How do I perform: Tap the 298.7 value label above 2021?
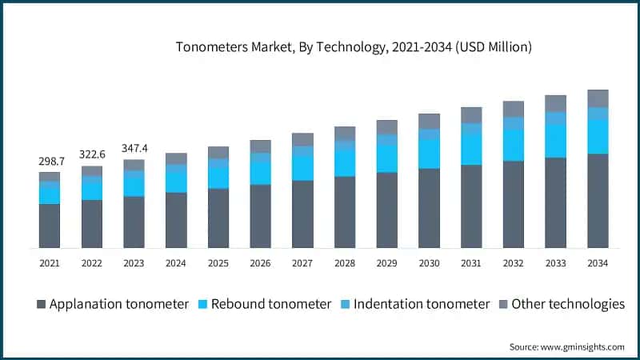50,162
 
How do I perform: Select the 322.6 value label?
92,154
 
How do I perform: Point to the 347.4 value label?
134,149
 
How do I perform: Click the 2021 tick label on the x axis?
50,262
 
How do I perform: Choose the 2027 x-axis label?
302,262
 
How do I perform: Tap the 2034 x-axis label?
598,262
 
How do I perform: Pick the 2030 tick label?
429,262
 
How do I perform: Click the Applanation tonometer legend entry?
113,304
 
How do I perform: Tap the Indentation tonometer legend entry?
414,304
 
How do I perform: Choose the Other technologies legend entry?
560,304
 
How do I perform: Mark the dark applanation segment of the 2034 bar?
598,201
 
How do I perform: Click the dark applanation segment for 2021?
50,226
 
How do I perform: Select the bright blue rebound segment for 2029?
387,158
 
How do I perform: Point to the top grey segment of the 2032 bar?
514,109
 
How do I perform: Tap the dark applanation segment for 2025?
218,218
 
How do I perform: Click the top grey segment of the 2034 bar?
598,98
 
